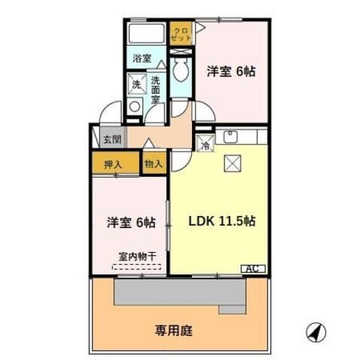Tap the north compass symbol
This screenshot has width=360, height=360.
[x=315, y=331]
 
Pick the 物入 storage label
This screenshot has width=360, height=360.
[x=153, y=164]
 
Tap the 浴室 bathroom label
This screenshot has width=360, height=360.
[x=142, y=58]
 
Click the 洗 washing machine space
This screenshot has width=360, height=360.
[x=136, y=84]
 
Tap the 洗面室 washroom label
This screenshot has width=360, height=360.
[x=155, y=89]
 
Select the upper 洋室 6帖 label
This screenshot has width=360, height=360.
[x=231, y=72]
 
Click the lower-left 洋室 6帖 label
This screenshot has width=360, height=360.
[x=130, y=223]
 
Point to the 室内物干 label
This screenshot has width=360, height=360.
[x=137, y=256]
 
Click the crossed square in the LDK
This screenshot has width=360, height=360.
[x=232, y=163]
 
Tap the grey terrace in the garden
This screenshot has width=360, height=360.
[x=180, y=294]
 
